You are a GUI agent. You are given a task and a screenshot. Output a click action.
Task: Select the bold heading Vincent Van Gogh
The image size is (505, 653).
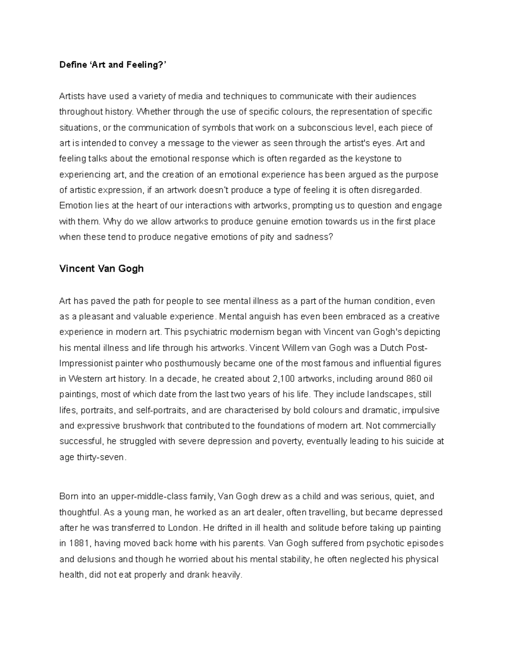point(101,269)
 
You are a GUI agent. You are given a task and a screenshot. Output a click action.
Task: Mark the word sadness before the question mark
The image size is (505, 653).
point(311,237)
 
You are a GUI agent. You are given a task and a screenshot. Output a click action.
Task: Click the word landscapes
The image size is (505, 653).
point(391,394)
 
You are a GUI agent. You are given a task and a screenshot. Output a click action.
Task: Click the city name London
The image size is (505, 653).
point(183,528)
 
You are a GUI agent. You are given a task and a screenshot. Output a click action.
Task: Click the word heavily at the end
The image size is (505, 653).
point(228,575)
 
